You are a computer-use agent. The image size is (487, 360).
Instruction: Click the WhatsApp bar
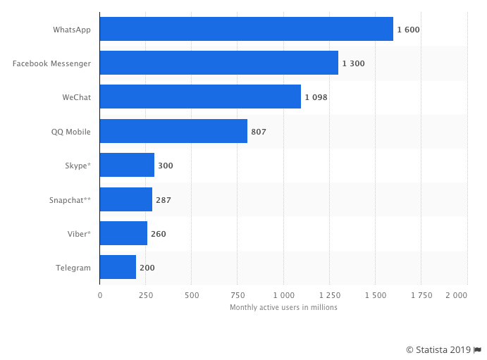click(x=246, y=29)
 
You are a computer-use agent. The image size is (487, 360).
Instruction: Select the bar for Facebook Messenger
click(x=218, y=63)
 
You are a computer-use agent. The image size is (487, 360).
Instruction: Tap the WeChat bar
click(x=200, y=97)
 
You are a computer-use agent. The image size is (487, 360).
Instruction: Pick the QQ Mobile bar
click(x=173, y=131)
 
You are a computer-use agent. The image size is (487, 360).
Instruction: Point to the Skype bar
click(x=127, y=165)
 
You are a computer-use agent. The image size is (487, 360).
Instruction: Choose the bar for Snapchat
click(x=125, y=199)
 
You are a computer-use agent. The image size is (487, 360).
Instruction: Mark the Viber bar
click(x=123, y=233)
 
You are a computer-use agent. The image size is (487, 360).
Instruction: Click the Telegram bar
click(x=118, y=268)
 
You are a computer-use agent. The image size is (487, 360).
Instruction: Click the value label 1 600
click(x=408, y=30)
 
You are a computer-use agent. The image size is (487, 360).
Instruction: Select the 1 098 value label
click(x=316, y=97)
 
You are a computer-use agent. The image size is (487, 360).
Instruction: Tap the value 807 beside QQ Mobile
click(x=259, y=132)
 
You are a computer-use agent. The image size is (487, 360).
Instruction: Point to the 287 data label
click(x=164, y=200)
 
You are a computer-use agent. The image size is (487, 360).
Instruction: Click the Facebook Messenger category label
click(x=51, y=63)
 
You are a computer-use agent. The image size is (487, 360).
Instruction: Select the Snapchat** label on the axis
click(x=70, y=200)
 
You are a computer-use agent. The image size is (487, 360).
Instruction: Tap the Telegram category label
click(x=73, y=268)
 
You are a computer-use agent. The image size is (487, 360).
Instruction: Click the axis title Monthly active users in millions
click(x=283, y=307)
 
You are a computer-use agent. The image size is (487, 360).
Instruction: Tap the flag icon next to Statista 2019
click(x=478, y=349)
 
